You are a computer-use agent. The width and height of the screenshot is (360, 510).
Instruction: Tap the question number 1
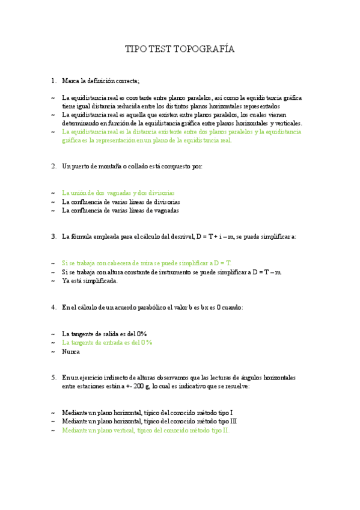pyautogui.click(x=53, y=81)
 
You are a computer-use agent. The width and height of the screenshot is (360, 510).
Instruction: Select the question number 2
pyautogui.click(x=53, y=166)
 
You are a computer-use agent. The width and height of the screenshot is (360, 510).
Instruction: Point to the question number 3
pyautogui.click(x=53, y=236)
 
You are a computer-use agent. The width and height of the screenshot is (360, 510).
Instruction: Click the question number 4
pyautogui.click(x=53, y=307)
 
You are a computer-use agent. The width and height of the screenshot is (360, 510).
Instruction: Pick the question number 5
pyautogui.click(x=53, y=377)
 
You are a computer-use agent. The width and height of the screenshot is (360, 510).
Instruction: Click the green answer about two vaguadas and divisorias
pyautogui.click(x=118, y=193)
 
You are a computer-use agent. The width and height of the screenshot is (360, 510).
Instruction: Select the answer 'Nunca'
pyautogui.click(x=71, y=351)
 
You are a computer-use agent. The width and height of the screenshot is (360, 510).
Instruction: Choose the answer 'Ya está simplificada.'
pyautogui.click(x=90, y=280)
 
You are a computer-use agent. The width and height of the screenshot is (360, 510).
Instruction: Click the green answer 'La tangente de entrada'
pyautogui.click(x=107, y=342)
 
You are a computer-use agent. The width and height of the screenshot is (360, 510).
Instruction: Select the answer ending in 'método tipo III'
pyautogui.click(x=148, y=422)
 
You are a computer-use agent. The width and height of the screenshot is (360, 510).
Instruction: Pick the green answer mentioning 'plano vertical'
pyautogui.click(x=145, y=431)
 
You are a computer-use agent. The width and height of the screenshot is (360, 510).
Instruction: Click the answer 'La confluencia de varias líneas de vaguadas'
pyautogui.click(x=120, y=210)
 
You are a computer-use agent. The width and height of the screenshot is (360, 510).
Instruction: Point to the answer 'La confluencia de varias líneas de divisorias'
pyautogui.click(x=121, y=202)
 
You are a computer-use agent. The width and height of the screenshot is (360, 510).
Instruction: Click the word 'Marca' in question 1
pyautogui.click(x=72, y=81)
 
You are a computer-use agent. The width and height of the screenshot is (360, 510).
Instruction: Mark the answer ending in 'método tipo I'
pyautogui.click(x=147, y=413)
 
